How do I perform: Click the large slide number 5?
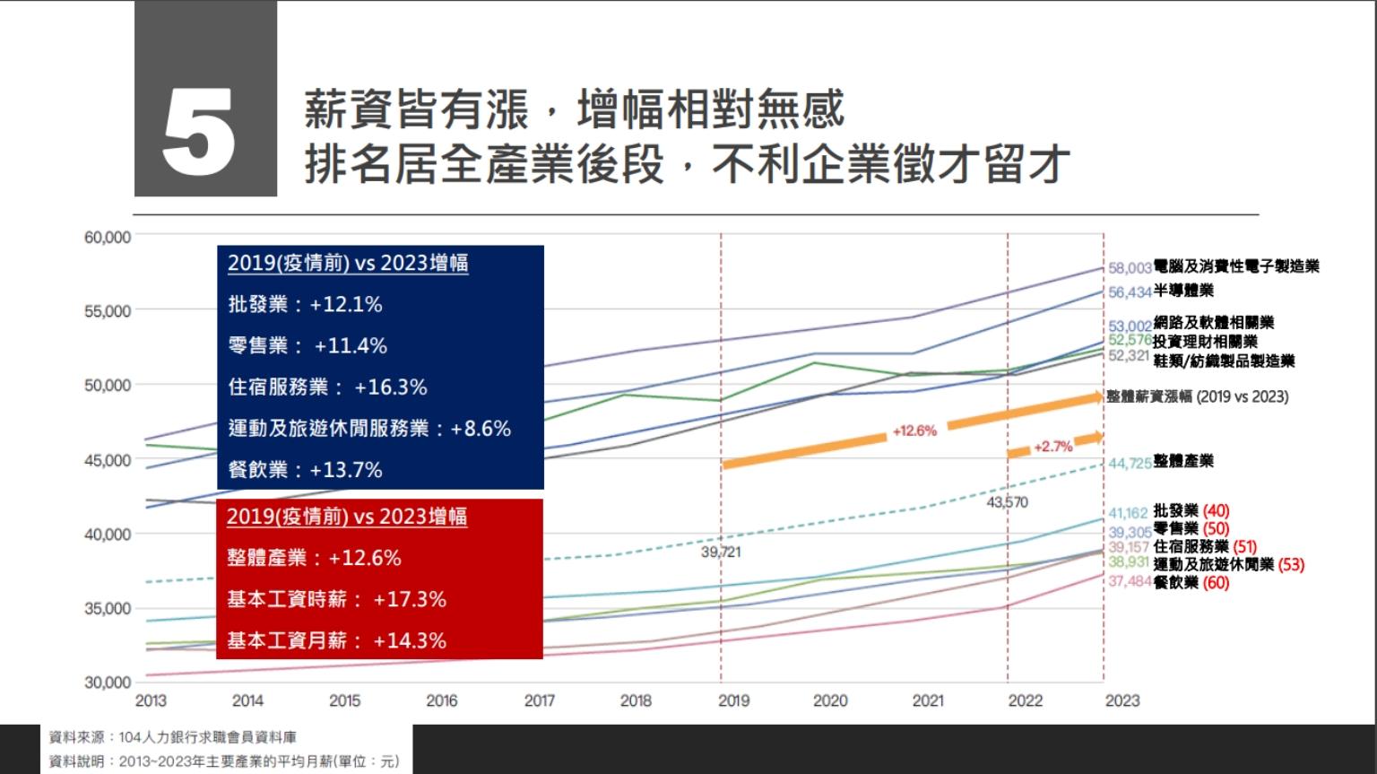(x=199, y=132)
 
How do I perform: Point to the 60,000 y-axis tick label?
(x=108, y=238)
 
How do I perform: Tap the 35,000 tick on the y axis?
(x=108, y=608)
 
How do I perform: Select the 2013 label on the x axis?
(x=150, y=700)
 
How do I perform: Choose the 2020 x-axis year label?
(x=829, y=700)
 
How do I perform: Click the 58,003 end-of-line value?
(x=1130, y=267)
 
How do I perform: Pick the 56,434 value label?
(x=1130, y=292)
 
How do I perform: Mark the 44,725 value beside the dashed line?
(x=1130, y=463)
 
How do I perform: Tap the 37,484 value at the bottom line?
(x=1130, y=582)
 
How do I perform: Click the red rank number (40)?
(x=1216, y=512)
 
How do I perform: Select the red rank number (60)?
(x=1216, y=583)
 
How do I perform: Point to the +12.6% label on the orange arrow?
(x=914, y=431)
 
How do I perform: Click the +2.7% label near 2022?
(x=1052, y=447)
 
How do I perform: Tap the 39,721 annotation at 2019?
(x=721, y=552)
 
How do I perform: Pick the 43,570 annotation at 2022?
(x=1007, y=502)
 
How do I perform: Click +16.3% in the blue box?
(x=391, y=387)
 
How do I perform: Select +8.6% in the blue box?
(x=481, y=429)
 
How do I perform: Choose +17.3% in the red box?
(x=410, y=599)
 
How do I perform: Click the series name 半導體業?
(x=1183, y=291)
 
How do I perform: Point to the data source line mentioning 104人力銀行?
(x=172, y=738)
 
